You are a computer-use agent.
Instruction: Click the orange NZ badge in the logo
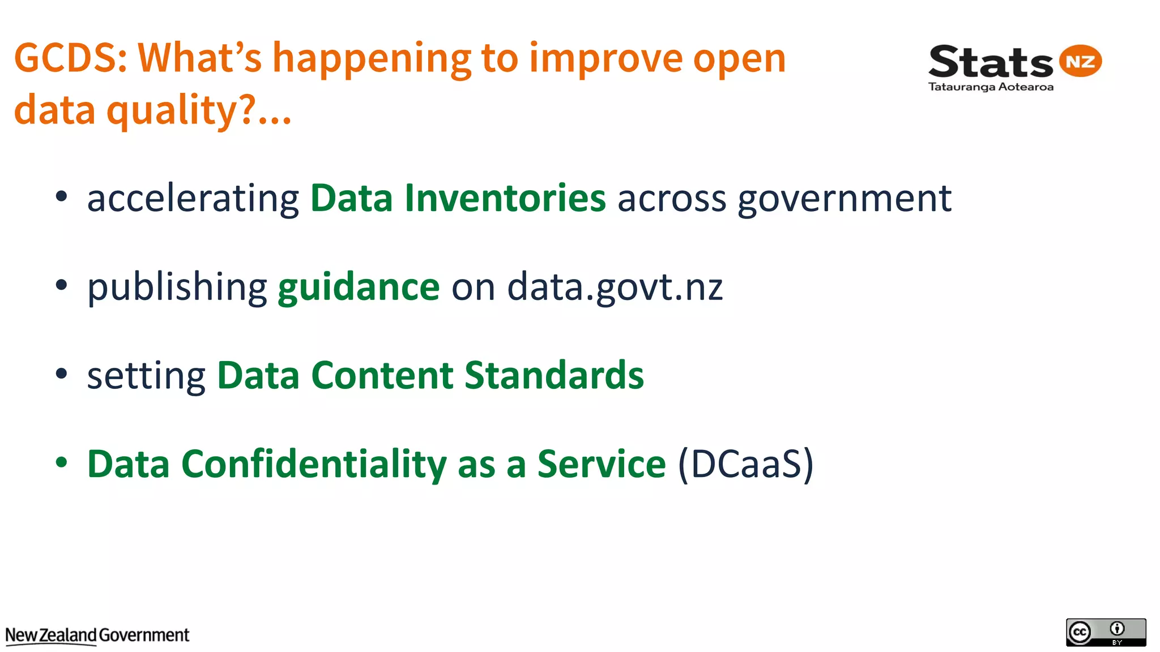click(1080, 61)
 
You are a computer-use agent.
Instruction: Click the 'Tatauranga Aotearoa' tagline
click(991, 87)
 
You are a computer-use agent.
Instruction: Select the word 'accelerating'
click(193, 199)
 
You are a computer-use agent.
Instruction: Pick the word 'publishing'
click(177, 288)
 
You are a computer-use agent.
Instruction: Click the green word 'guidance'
click(359, 288)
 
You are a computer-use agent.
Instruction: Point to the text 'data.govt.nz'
click(615, 288)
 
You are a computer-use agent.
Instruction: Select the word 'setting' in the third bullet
click(146, 376)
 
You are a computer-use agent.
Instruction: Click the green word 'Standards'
click(554, 375)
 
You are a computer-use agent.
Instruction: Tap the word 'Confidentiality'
click(314, 464)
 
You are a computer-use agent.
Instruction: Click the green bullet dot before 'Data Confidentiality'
click(61, 462)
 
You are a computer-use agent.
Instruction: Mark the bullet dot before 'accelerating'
click(61, 196)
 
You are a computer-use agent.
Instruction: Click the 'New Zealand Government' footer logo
click(97, 636)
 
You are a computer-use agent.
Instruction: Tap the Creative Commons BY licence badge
click(1106, 632)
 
